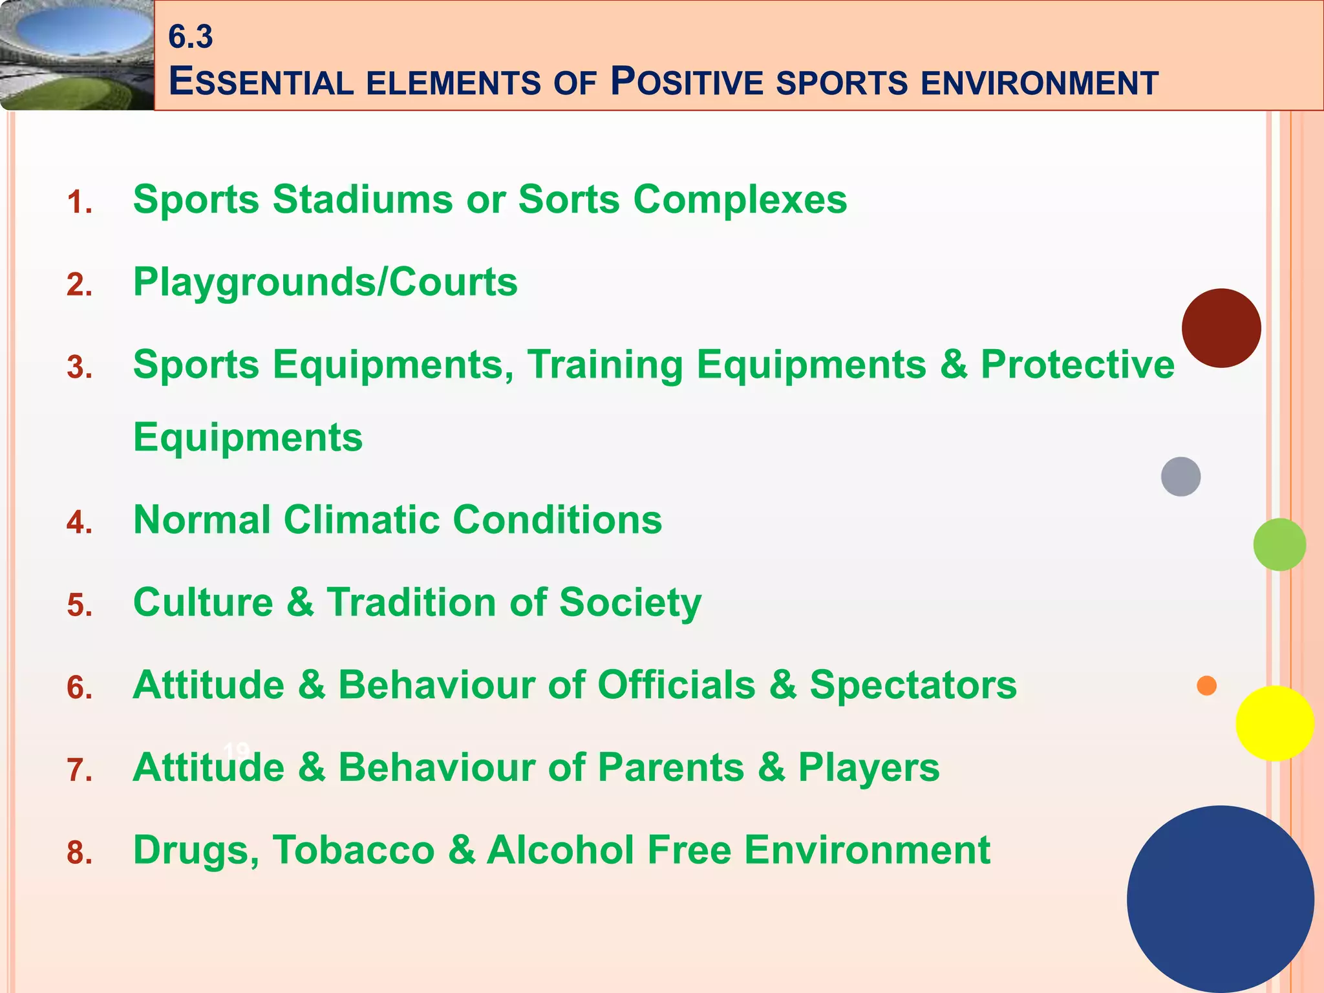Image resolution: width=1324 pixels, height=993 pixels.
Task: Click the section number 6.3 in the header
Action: pos(190,37)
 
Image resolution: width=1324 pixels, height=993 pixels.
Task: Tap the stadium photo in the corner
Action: pos(76,55)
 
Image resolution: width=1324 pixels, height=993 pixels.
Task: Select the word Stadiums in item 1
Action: pos(363,199)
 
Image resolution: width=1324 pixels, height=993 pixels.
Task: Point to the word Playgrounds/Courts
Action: pos(325,283)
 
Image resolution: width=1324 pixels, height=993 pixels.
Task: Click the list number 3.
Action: pos(80,368)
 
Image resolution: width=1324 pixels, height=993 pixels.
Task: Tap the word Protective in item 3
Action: pos(1077,364)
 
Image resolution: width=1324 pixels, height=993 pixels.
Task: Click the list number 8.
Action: pos(80,853)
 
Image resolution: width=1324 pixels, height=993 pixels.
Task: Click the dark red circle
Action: pos(1221,328)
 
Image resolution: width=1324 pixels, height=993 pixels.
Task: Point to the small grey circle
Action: pos(1180,476)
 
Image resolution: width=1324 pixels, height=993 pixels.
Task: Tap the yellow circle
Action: pos(1274,723)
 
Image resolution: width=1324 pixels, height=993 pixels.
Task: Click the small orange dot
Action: pos(1206,685)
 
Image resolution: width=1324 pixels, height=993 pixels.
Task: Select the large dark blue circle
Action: pos(1220,899)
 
